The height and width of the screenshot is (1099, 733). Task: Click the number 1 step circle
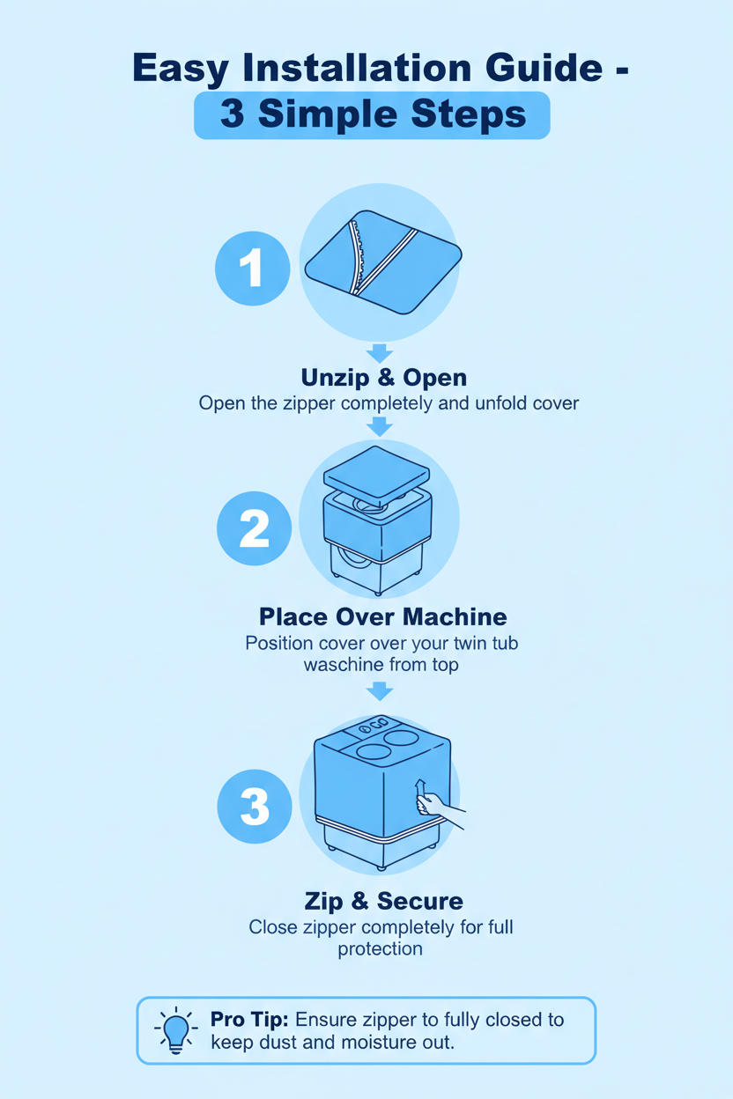point(253,268)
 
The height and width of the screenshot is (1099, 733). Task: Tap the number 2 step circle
point(254,528)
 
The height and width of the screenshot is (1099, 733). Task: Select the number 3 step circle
point(255,807)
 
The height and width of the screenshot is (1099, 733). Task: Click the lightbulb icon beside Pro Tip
point(177,1030)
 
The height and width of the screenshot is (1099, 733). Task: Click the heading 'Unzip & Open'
point(384,378)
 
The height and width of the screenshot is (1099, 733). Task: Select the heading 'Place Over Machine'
point(382,615)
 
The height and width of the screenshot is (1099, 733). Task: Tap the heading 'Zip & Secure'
point(383,901)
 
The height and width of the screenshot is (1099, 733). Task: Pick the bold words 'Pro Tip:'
point(249,1020)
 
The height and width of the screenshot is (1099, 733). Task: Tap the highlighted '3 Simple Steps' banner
point(372,114)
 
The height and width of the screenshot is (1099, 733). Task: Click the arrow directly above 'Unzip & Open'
point(380,352)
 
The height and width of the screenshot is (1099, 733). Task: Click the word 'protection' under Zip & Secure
point(380,949)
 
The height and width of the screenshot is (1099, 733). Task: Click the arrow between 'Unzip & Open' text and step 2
point(380,426)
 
